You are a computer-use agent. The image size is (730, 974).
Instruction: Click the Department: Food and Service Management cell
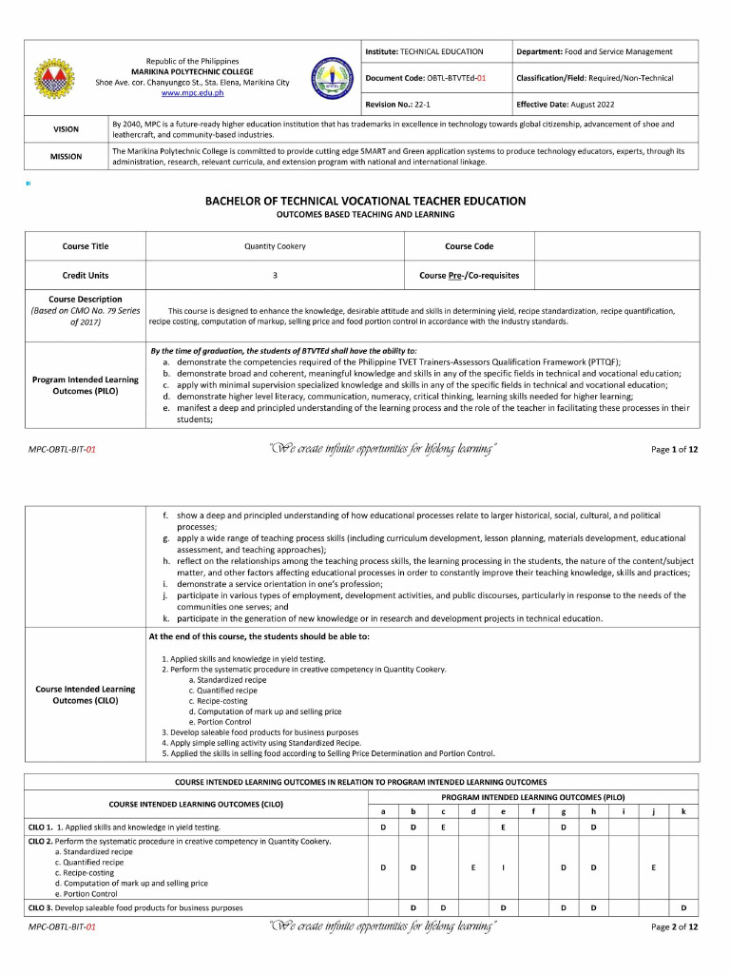point(594,51)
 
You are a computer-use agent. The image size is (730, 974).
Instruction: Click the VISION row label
point(66,129)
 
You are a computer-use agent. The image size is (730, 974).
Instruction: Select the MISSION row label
point(66,156)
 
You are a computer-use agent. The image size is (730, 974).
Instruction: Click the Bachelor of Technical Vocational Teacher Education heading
point(365,201)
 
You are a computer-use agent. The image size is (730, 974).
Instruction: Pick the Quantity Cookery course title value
point(275,246)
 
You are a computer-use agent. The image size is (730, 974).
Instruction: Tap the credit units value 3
point(275,275)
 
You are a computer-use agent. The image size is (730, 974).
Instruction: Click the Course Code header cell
point(470,246)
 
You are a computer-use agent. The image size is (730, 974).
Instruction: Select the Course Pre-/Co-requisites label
point(470,275)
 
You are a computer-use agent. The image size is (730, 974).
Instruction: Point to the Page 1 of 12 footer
point(674,449)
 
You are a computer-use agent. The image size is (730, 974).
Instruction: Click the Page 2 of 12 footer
point(674,926)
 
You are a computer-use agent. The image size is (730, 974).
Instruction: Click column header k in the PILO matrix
point(682,811)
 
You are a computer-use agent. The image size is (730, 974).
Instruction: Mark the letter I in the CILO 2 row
point(503,867)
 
